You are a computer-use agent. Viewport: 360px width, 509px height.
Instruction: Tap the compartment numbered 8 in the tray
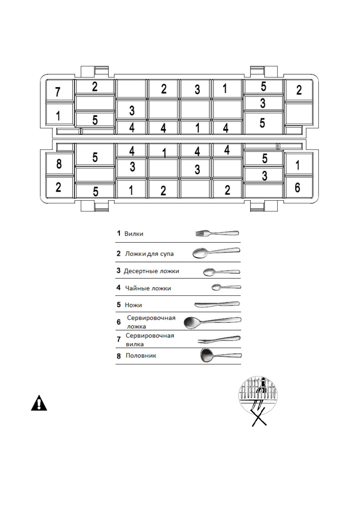click(59, 164)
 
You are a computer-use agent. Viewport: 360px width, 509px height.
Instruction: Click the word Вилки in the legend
click(134, 234)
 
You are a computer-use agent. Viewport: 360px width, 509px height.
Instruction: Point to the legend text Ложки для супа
click(149, 254)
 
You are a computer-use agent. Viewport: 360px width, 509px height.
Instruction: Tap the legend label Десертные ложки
click(151, 271)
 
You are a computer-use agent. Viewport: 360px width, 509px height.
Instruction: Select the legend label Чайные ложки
click(148, 288)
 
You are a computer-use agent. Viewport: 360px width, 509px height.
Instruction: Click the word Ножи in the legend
click(133, 305)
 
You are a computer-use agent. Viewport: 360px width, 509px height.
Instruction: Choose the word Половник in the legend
click(141, 356)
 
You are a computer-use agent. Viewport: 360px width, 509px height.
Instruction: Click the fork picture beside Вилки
click(217, 233)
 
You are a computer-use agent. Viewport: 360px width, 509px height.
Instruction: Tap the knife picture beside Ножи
click(217, 304)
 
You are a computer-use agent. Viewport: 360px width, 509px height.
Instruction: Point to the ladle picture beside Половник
click(221, 355)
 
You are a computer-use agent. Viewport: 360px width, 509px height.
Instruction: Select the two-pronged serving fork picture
click(219, 340)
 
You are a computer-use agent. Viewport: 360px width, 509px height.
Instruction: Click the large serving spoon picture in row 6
click(212, 322)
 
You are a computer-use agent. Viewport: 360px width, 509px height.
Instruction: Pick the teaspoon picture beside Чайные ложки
click(226, 287)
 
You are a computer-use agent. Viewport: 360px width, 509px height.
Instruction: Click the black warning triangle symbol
click(39, 403)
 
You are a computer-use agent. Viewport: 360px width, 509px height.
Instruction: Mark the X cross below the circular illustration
click(259, 417)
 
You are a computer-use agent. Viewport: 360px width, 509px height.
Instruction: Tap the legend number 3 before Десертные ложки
click(118, 271)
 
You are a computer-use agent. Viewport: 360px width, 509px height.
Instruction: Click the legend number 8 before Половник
click(119, 356)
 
